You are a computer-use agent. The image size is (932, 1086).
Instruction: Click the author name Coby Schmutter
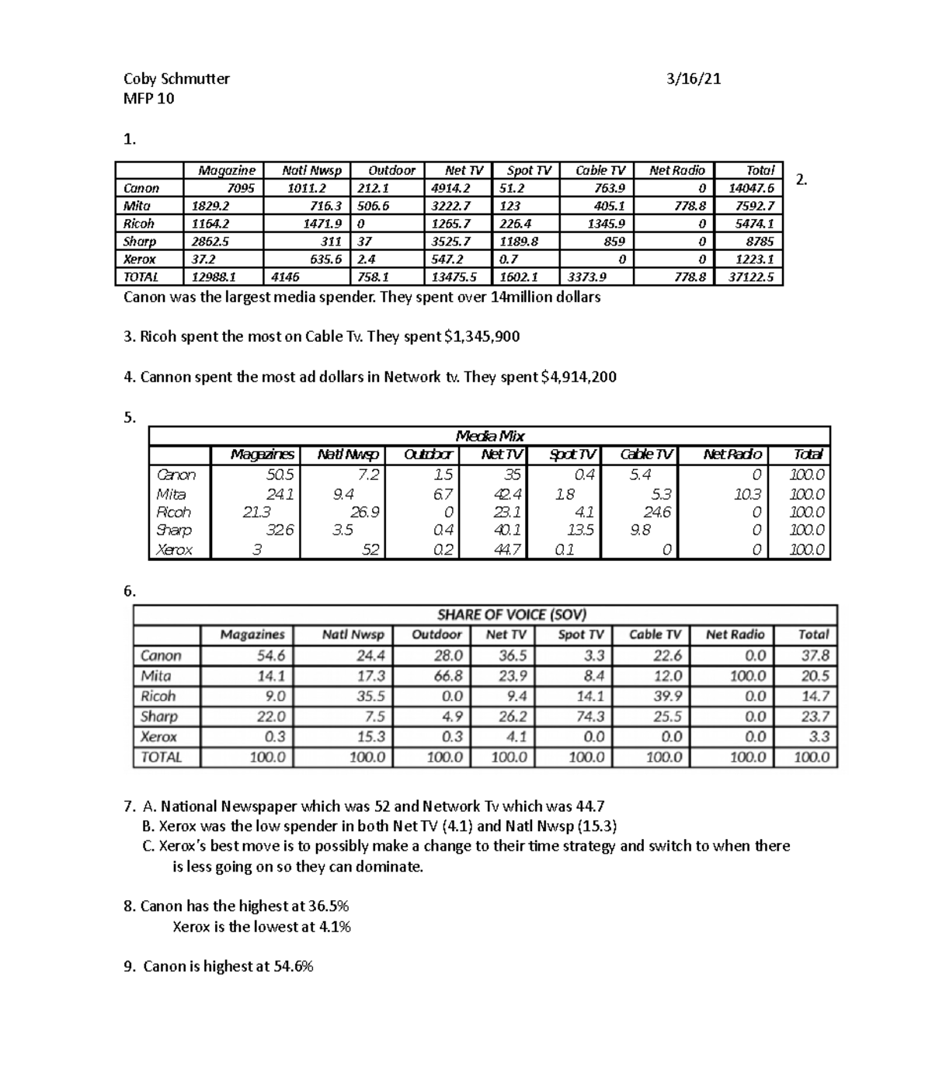tap(176, 78)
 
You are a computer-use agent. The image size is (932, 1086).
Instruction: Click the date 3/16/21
tap(694, 78)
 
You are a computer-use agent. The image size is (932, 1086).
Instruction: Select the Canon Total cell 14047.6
tap(750, 188)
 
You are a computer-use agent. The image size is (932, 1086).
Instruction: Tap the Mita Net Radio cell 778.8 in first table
tap(690, 206)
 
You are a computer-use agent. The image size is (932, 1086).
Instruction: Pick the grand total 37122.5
tap(750, 277)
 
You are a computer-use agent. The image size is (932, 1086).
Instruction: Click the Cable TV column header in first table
tap(600, 170)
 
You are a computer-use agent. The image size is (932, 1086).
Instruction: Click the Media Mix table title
tap(489, 436)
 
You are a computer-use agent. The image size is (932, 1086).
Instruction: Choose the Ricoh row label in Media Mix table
tap(174, 513)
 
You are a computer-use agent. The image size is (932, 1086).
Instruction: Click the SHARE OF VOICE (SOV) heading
tap(511, 614)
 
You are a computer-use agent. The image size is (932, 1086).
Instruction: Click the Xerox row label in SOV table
tap(158, 736)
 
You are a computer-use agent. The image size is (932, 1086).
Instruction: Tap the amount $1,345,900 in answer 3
tap(482, 336)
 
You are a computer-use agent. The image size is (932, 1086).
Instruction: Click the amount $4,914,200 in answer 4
tap(578, 377)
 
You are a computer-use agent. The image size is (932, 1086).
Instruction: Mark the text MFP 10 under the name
tap(148, 99)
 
